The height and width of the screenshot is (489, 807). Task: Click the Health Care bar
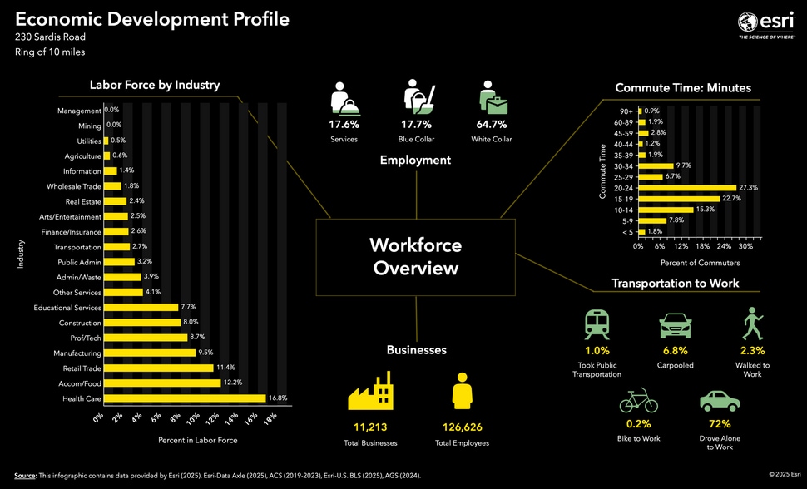pos(184,398)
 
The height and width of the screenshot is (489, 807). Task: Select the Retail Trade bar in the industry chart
pos(157,368)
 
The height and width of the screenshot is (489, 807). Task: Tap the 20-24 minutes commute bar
pos(687,188)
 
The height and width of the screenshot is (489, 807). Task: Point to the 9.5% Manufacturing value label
pos(207,353)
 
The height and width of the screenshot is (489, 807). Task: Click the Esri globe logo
pos(747,22)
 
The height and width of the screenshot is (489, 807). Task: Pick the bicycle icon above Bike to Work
pos(638,403)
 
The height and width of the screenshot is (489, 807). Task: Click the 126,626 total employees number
pos(462,427)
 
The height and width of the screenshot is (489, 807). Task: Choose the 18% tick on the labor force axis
pos(269,417)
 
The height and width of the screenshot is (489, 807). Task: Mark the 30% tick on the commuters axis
pos(745,246)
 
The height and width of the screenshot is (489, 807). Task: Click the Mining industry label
pos(90,126)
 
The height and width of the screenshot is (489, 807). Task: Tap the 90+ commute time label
pos(626,111)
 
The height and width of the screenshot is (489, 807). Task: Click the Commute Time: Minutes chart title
pos(682,87)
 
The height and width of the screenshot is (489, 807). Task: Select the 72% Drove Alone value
pos(719,423)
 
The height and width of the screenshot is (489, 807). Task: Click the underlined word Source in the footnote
pos(25,476)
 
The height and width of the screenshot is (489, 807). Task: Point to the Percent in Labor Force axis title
pos(197,439)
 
